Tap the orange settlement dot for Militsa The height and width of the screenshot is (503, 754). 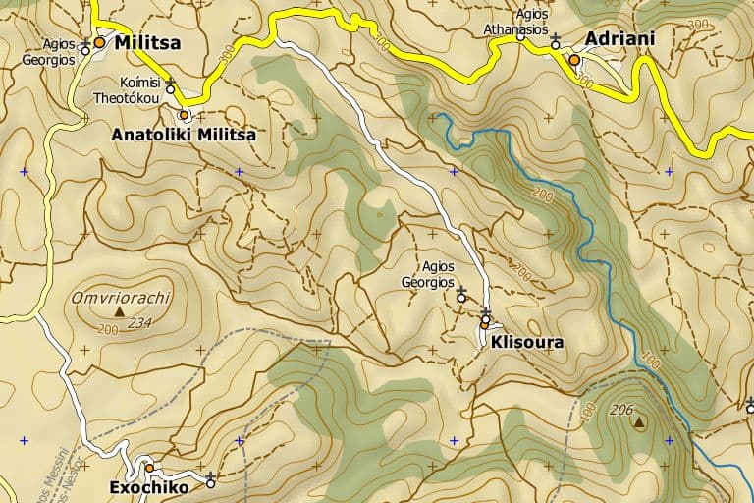point(99,42)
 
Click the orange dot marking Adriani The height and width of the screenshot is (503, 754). point(574,60)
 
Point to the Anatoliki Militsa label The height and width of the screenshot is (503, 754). point(184,135)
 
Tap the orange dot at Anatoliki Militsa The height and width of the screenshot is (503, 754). point(183,115)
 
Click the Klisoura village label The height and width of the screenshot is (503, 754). point(527,344)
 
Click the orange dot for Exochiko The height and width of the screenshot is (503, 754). point(150,468)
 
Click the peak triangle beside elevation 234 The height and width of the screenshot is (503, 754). point(120,312)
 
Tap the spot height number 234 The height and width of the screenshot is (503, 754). point(140,322)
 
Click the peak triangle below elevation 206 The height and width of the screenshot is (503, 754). point(640,423)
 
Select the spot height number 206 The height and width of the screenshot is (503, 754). point(621,409)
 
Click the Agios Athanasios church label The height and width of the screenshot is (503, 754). point(516,22)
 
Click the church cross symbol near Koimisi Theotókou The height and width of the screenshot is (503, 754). point(170,82)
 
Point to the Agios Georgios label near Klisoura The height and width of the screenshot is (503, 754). point(428,273)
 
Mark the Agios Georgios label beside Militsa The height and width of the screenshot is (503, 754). point(48,51)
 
